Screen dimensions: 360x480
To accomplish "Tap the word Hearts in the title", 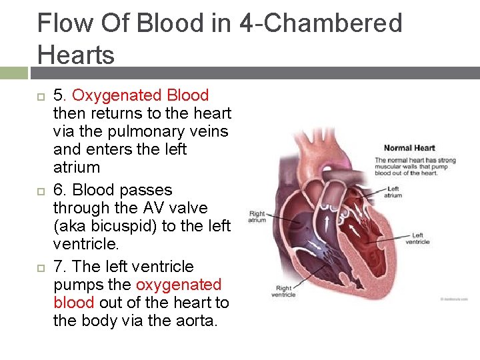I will [x=76, y=54].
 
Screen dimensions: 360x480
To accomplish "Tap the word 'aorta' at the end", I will [x=203, y=321].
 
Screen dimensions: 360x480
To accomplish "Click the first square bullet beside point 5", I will [x=40, y=97].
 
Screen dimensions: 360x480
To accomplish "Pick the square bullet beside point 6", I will [x=40, y=191].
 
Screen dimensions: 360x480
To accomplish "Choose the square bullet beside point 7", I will [x=40, y=267].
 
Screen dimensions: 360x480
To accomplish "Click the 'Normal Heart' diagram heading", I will [x=409, y=148].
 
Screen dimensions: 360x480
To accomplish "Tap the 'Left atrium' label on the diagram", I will [x=393, y=192].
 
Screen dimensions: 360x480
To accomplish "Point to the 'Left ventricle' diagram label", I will [x=417, y=239].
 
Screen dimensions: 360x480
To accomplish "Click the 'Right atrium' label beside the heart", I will [x=257, y=217].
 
